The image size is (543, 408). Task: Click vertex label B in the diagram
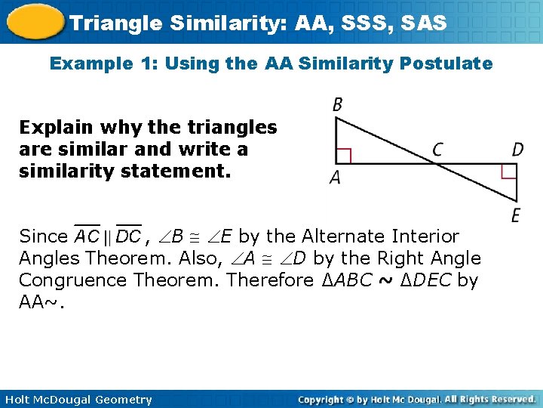(x=337, y=105)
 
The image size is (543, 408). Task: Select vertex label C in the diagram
(x=437, y=150)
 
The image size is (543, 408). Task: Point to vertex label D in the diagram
(x=517, y=150)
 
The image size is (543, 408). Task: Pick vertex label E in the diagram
(x=516, y=216)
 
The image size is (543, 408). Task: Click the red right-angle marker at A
(x=344, y=156)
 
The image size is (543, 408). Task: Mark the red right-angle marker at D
(x=510, y=172)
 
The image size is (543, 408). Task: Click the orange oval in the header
(x=33, y=21)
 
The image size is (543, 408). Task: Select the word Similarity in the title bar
(x=214, y=23)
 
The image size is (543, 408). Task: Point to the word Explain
(x=52, y=127)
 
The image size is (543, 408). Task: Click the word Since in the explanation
(x=43, y=236)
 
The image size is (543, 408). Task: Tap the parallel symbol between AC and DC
(x=109, y=237)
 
